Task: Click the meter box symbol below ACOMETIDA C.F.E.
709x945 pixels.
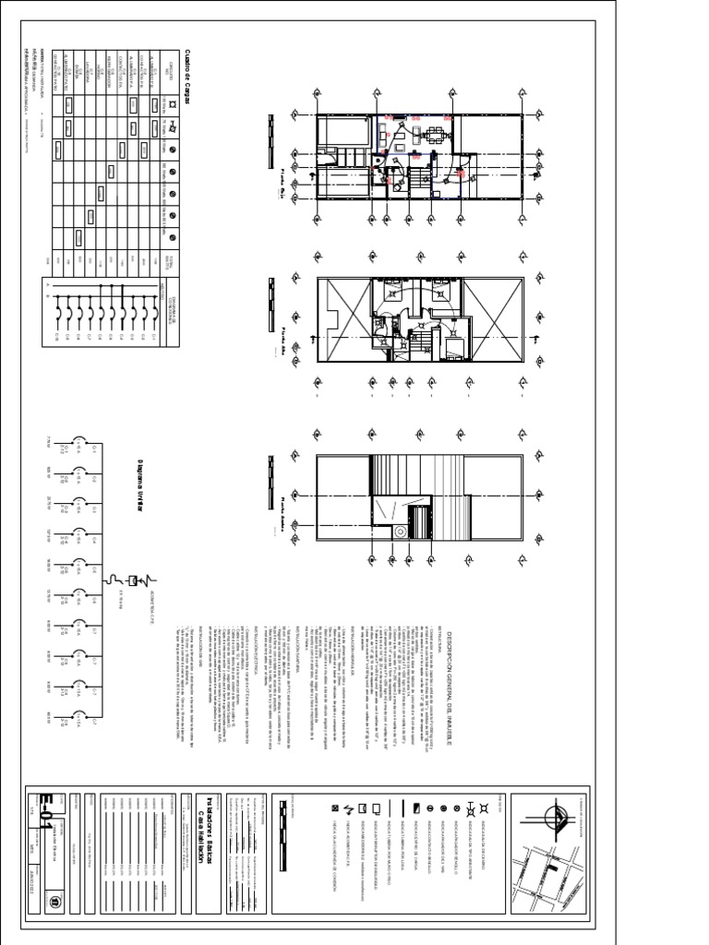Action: point(132,580)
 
